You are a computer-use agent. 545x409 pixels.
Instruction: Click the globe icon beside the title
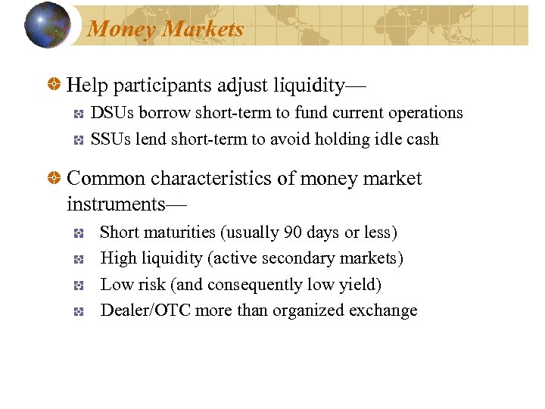point(47,25)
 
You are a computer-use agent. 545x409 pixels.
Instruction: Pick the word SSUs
point(111,139)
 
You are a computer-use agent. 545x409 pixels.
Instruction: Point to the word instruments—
point(127,204)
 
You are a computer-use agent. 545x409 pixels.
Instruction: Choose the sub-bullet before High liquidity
point(78,259)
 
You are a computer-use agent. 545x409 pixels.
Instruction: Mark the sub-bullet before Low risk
point(78,286)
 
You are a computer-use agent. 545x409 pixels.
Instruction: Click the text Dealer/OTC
point(146,311)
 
